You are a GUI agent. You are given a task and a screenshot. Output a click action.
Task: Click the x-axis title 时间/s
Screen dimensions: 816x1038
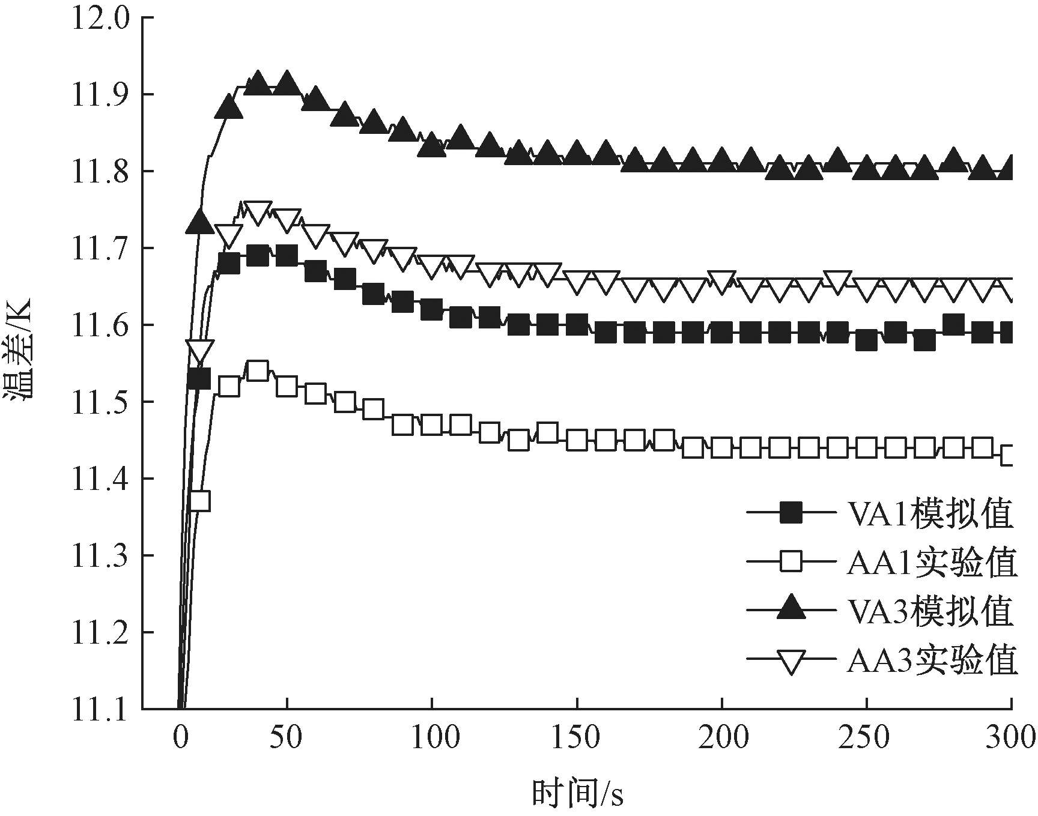[x=577, y=794]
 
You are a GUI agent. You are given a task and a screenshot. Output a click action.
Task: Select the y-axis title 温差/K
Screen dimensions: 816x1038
[x=22, y=363]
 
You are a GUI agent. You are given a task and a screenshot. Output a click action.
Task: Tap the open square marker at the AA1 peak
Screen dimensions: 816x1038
[x=257, y=371]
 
